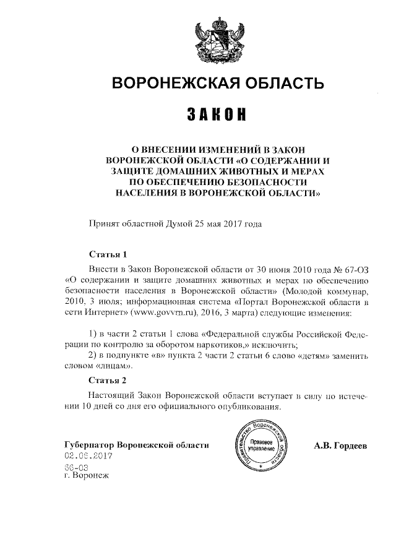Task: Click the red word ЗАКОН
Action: click(x=216, y=116)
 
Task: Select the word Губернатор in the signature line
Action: click(x=90, y=446)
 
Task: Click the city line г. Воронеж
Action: click(x=86, y=477)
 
